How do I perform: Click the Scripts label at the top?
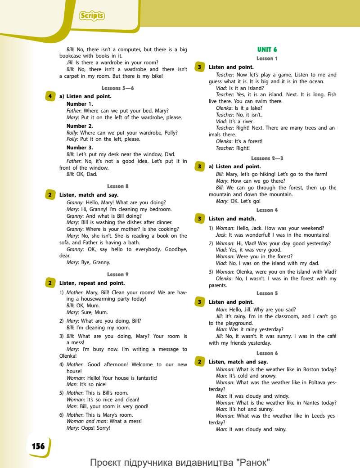92,16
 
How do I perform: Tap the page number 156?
38,446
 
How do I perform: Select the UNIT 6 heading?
267,49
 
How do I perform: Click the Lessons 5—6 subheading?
117,88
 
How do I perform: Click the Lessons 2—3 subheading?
267,158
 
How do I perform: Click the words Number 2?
80,126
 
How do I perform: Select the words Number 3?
80,147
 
